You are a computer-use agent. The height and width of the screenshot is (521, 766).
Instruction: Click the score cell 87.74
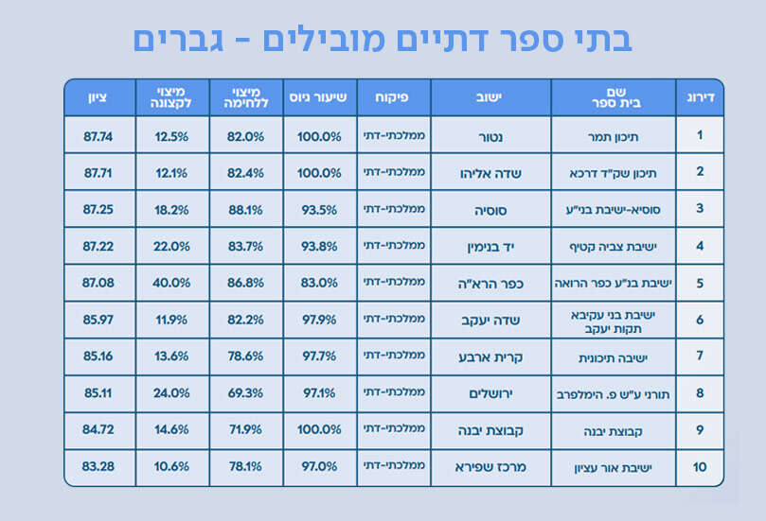coord(98,136)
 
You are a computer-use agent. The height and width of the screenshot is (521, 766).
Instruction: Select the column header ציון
coord(98,97)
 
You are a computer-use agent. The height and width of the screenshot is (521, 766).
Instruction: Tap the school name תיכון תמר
coord(614,136)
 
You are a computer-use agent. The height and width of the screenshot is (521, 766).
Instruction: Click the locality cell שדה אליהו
coord(490,173)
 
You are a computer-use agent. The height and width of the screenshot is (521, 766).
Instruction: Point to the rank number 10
coord(700,467)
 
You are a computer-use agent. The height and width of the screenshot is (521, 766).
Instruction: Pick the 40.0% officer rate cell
coord(171,283)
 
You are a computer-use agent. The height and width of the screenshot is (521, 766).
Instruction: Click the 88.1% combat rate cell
coord(246,210)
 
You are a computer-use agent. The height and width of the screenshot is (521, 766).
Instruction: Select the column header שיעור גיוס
coord(319,97)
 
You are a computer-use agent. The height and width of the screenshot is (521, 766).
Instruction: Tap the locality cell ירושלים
coord(490,392)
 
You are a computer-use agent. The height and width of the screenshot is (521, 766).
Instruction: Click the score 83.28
coord(98,467)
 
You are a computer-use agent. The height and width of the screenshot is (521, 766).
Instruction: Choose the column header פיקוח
coord(393,97)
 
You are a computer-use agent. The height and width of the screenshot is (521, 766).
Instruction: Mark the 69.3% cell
coord(246,392)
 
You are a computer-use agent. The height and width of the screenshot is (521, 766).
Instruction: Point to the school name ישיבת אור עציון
coord(614,467)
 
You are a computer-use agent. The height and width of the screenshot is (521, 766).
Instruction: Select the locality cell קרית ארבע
coord(490,356)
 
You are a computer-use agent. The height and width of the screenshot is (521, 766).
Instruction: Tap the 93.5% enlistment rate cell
coord(319,210)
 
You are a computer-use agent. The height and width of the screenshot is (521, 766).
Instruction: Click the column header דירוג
coord(700,97)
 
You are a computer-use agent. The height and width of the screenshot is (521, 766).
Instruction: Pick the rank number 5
coord(700,283)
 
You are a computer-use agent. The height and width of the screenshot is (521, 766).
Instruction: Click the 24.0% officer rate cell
coord(171,392)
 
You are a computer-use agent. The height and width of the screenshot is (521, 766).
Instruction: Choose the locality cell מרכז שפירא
coord(490,467)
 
